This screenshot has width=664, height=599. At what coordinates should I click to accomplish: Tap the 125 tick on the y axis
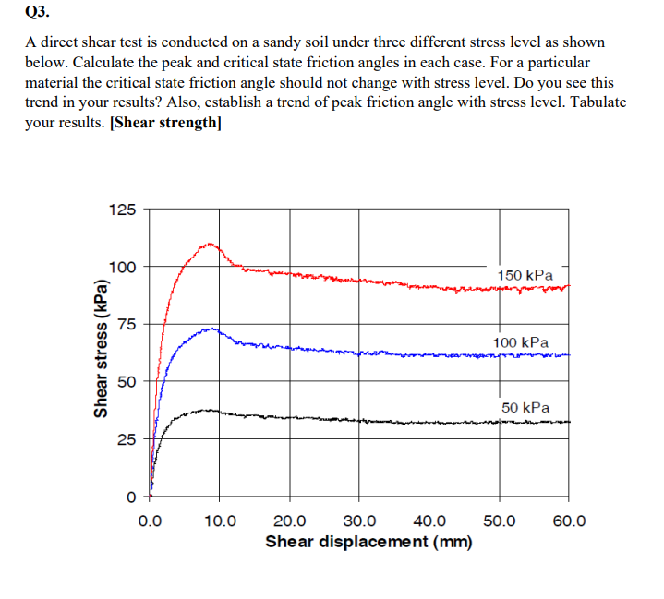click(x=122, y=210)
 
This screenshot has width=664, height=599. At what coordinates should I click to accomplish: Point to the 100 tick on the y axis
click(x=122, y=268)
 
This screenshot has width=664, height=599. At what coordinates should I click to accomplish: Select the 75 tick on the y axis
click(x=126, y=324)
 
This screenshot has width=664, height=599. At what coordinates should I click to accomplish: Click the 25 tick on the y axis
click(x=126, y=439)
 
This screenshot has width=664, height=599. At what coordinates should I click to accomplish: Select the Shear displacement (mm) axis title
click(x=368, y=542)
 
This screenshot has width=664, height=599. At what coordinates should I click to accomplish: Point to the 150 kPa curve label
click(x=525, y=275)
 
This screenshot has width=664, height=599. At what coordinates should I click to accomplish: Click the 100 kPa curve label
click(x=521, y=342)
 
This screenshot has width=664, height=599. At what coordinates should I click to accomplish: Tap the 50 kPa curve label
click(x=525, y=407)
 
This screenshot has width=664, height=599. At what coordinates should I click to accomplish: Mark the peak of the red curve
click(x=211, y=244)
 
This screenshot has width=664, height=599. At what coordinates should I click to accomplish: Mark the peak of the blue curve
click(x=212, y=329)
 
